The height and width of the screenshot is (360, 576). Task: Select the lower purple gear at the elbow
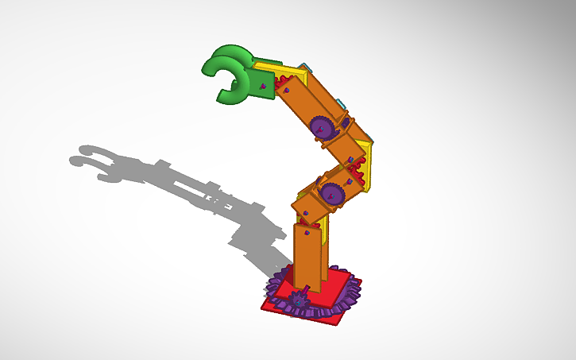(331, 191)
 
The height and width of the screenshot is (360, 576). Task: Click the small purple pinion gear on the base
(300, 300)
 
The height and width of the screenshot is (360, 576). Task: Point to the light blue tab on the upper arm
(339, 103)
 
